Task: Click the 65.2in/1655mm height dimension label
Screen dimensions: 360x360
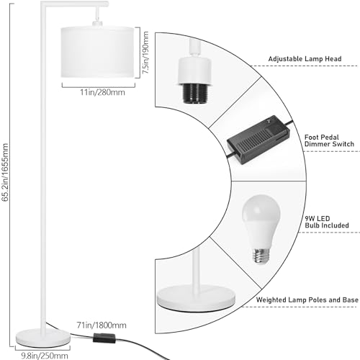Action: pyautogui.click(x=5, y=172)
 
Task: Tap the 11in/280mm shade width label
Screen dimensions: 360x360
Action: pyautogui.click(x=102, y=92)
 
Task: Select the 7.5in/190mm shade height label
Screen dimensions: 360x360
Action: pyautogui.click(x=145, y=53)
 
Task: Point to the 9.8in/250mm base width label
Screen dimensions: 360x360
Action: pyautogui.click(x=45, y=356)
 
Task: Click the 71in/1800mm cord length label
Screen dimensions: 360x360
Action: pyautogui.click(x=102, y=325)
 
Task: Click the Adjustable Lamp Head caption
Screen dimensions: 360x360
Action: pyautogui.click(x=305, y=59)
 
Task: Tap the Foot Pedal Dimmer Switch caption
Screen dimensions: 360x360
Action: pyautogui.click(x=329, y=140)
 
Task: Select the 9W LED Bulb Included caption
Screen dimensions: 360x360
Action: pyautogui.click(x=327, y=222)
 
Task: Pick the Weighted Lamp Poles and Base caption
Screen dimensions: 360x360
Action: pyautogui.click(x=307, y=300)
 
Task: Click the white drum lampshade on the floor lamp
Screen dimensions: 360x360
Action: pyautogui.click(x=97, y=52)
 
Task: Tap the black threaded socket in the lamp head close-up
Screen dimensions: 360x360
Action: pyautogui.click(x=194, y=94)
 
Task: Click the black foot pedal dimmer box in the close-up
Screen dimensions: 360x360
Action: pyautogui.click(x=258, y=140)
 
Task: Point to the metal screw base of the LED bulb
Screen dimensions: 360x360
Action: pyautogui.click(x=261, y=256)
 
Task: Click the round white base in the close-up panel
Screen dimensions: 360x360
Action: pyautogui.click(x=196, y=298)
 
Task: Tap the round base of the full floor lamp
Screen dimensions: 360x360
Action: pyautogui.click(x=43, y=338)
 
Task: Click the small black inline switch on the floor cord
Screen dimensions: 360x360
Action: pyautogui.click(x=104, y=338)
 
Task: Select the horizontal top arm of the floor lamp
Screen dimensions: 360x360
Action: pyautogui.click(x=74, y=4)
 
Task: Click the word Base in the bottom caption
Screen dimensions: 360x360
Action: pyautogui.click(x=351, y=300)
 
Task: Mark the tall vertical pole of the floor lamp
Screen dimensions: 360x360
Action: pyautogui.click(x=43, y=168)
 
